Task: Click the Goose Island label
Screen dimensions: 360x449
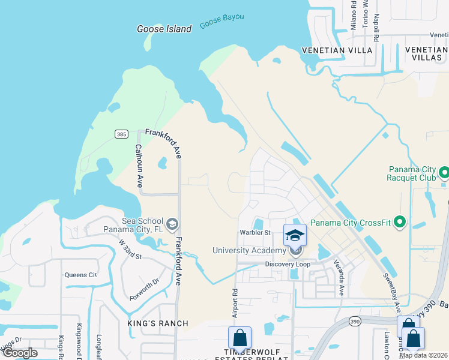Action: coord(164,29)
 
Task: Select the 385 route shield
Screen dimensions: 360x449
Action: coord(121,134)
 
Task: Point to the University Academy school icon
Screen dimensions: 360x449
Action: coord(295,235)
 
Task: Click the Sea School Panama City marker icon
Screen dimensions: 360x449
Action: coord(172,224)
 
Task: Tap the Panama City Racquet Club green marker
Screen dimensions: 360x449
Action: coord(444,173)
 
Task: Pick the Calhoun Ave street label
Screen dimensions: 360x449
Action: coord(139,166)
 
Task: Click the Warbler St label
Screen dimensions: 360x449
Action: coord(256,233)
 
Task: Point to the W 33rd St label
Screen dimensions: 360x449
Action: coord(130,249)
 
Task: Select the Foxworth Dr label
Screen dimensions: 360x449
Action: coord(144,287)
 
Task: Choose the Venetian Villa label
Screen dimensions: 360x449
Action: coord(337,50)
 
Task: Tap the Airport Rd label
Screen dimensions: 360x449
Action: coord(235,305)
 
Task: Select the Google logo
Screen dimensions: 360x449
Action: coord(20,353)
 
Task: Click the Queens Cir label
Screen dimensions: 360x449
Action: coord(80,275)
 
